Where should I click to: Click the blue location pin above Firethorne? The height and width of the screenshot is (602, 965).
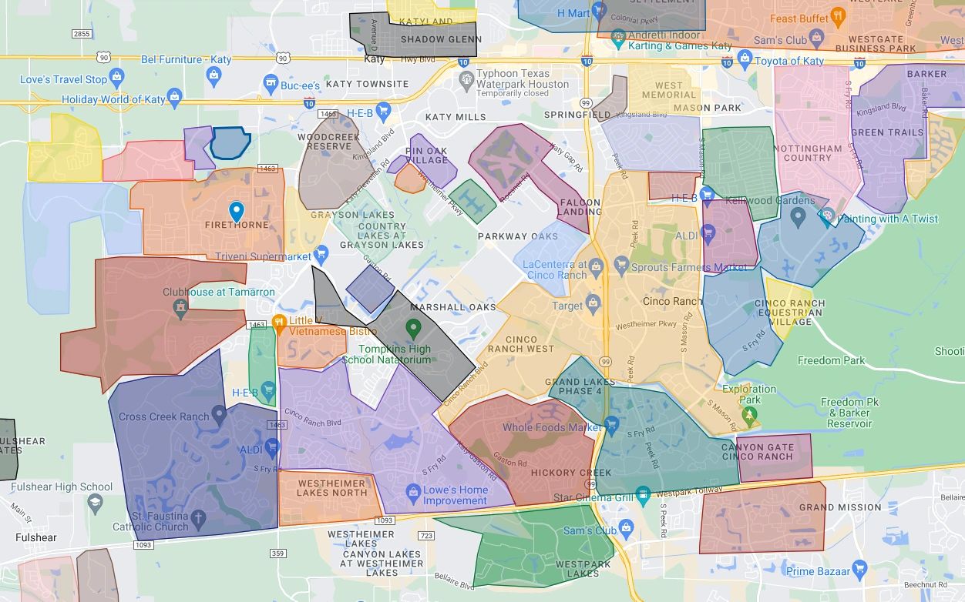[x=237, y=210]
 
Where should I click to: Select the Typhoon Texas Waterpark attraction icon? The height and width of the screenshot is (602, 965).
[x=466, y=79]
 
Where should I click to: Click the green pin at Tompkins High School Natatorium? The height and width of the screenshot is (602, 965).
[x=413, y=329]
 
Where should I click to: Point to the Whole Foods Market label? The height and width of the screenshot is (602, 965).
[x=551, y=427]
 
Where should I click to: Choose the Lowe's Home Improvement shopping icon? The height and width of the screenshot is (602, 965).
[x=413, y=491]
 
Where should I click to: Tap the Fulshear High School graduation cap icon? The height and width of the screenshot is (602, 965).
[x=94, y=503]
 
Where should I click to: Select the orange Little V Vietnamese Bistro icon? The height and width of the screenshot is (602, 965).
[x=279, y=322]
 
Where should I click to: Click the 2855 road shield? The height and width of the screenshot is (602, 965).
[x=81, y=34]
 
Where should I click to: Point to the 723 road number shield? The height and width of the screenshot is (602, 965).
[x=425, y=535]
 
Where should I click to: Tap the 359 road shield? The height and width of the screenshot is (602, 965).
[x=278, y=554]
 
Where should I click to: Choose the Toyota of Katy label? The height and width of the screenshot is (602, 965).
[x=789, y=61]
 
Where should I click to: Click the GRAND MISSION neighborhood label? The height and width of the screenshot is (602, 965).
[x=839, y=507]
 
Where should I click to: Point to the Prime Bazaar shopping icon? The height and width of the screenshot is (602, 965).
[x=859, y=570]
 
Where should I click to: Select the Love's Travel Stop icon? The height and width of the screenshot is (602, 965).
[x=116, y=77]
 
